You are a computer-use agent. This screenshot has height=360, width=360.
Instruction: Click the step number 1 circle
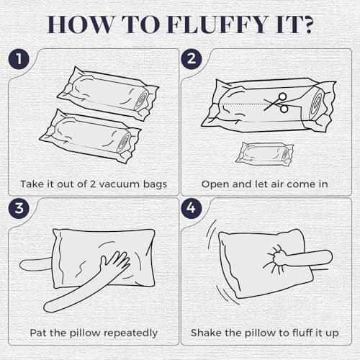point(19,59)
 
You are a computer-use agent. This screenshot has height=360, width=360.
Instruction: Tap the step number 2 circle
point(192,59)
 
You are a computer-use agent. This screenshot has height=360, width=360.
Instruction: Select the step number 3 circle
point(19,208)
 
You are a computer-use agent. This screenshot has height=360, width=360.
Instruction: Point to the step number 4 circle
point(192,208)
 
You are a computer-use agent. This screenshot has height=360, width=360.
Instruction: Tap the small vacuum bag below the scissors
point(264,154)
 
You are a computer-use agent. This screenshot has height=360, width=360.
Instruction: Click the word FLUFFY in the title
point(217,24)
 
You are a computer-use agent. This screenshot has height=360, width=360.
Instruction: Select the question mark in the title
point(306,24)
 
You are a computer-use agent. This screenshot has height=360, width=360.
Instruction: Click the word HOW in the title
point(80,24)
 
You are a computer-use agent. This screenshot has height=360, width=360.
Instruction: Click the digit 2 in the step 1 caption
point(93,184)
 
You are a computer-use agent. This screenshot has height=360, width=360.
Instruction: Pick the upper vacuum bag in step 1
point(108,94)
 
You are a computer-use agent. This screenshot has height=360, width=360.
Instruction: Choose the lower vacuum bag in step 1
point(91,136)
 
